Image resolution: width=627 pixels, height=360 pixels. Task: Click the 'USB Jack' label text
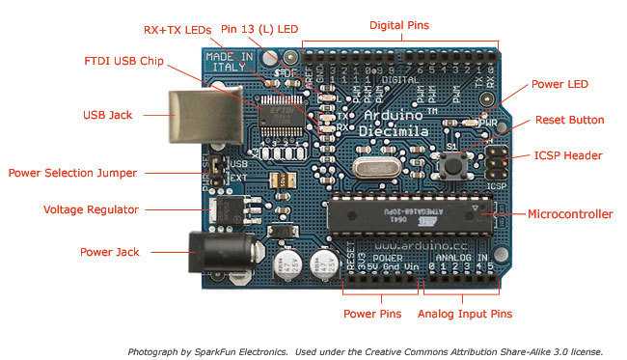(107, 115)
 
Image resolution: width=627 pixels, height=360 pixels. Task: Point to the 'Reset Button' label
(570, 121)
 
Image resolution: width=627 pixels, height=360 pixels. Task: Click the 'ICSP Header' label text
(568, 155)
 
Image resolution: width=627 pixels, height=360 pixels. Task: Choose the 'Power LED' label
(559, 84)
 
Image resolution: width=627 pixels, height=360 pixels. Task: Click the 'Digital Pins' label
(399, 23)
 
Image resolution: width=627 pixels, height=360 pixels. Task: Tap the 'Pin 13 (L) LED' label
(259, 30)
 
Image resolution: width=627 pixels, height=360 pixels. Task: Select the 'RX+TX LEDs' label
(177, 30)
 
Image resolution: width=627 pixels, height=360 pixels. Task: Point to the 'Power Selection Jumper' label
(72, 173)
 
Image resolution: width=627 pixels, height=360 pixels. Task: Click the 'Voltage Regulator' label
(91, 209)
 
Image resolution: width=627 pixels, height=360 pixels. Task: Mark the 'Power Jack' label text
(109, 252)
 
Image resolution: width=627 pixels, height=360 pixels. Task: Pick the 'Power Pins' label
(371, 314)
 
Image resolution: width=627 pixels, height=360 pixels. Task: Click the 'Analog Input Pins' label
(464, 314)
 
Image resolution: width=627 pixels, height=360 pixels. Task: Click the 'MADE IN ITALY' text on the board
(228, 61)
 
